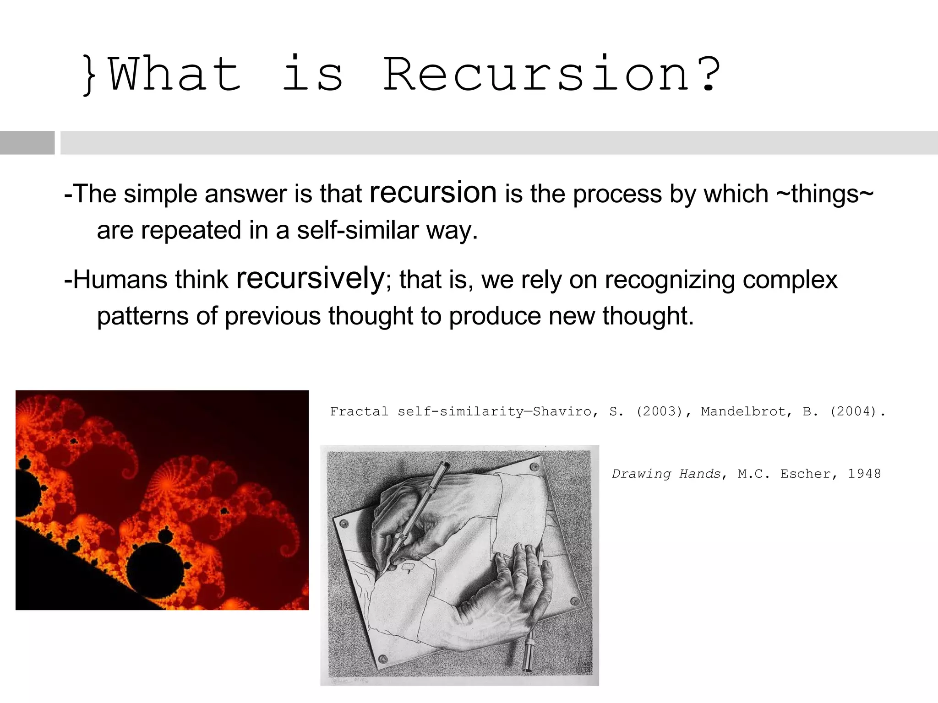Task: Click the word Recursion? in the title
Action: click(x=551, y=75)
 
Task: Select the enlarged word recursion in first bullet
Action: click(x=433, y=192)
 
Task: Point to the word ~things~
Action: click(x=825, y=194)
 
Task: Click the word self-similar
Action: click(x=358, y=230)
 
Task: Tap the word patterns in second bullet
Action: click(x=142, y=316)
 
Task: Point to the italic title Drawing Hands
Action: click(x=666, y=474)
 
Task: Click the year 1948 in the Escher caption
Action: click(x=864, y=474)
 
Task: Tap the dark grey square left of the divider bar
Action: click(x=27, y=143)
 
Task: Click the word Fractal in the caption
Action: click(x=359, y=411)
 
